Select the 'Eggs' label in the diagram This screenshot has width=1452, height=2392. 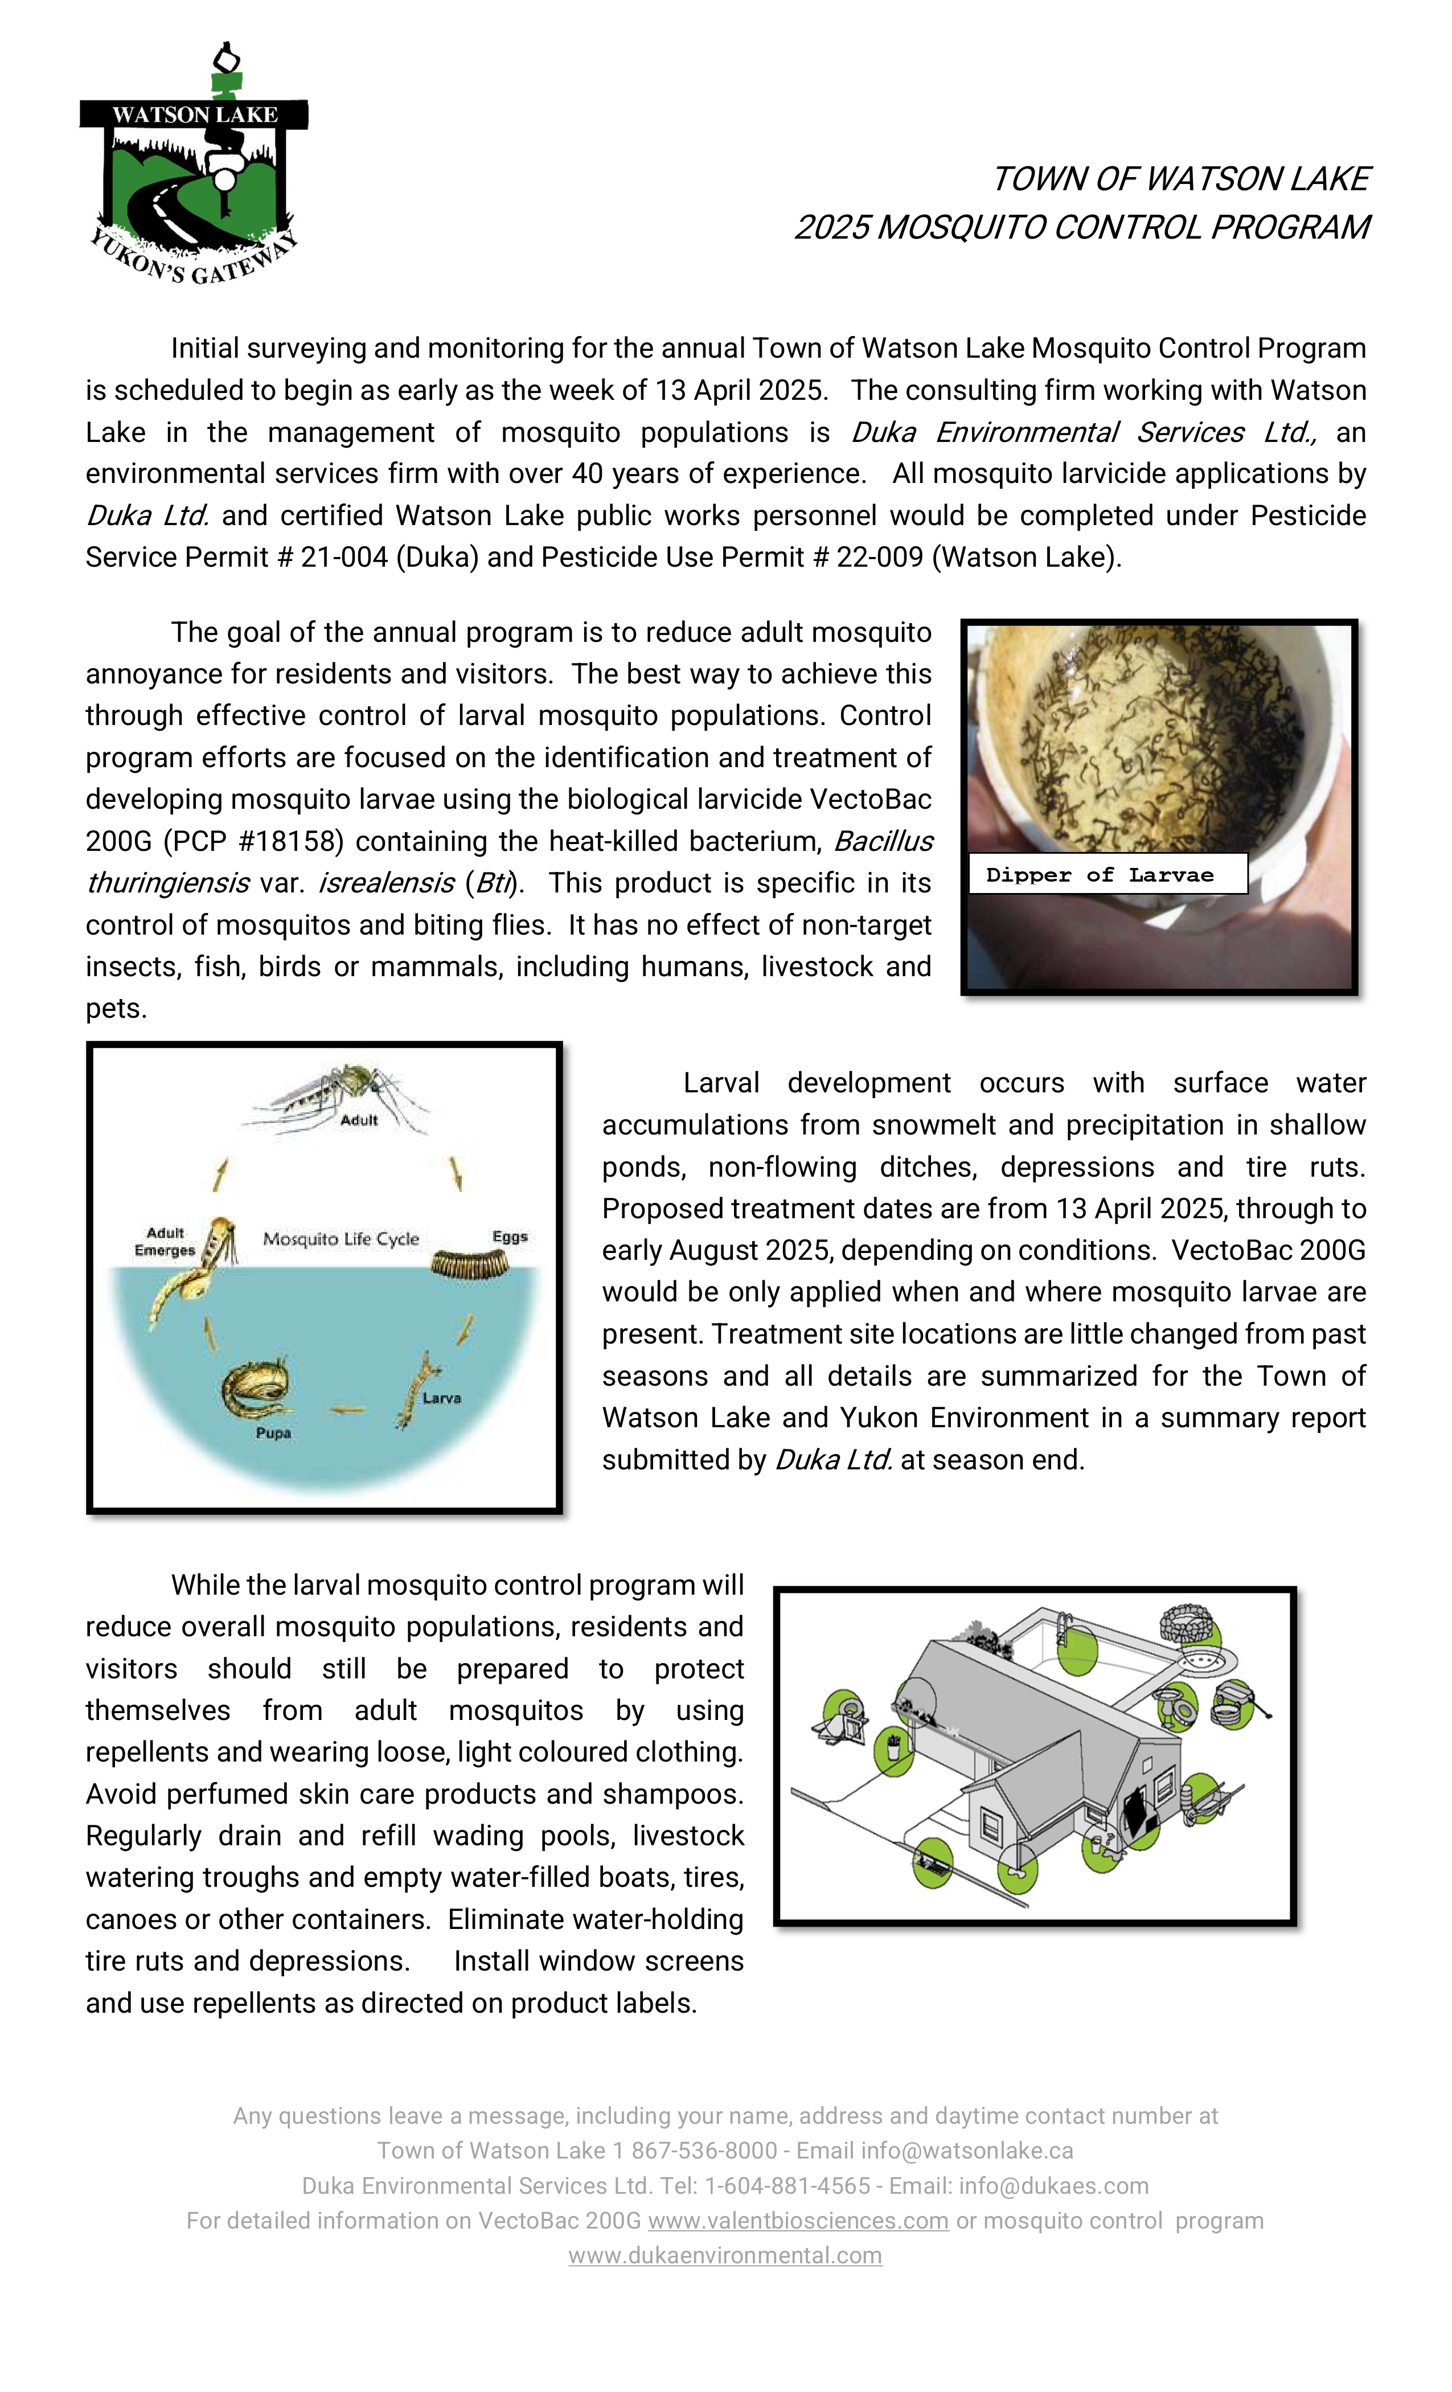pos(510,1236)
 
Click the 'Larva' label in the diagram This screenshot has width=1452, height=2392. pos(442,1398)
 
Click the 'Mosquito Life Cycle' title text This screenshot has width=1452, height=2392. pos(341,1239)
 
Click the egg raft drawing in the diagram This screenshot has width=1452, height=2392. pos(471,1265)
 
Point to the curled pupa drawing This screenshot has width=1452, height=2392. pos(255,1390)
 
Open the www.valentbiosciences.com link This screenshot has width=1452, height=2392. pos(798,2220)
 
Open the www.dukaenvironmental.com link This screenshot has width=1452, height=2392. pos(725,2255)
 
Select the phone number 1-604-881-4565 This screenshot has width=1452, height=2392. pos(787,2185)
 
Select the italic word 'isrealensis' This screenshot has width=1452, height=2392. pos(385,882)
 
